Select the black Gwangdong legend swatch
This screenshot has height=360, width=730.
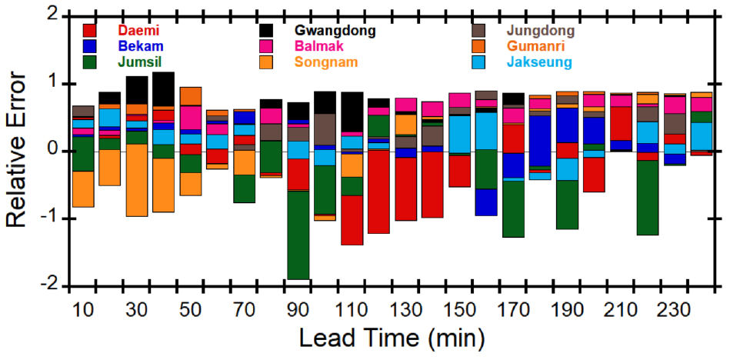[x=267, y=31]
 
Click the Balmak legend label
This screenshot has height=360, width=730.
[x=318, y=46]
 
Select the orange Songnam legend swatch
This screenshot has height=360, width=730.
[x=267, y=62]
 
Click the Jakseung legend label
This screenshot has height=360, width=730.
[x=539, y=62]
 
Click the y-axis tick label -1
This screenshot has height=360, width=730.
[x=48, y=218]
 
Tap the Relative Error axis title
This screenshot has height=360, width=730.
[x=17, y=151]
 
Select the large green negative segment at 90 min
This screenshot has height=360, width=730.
[x=298, y=235]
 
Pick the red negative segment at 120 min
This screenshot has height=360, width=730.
[x=378, y=192]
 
